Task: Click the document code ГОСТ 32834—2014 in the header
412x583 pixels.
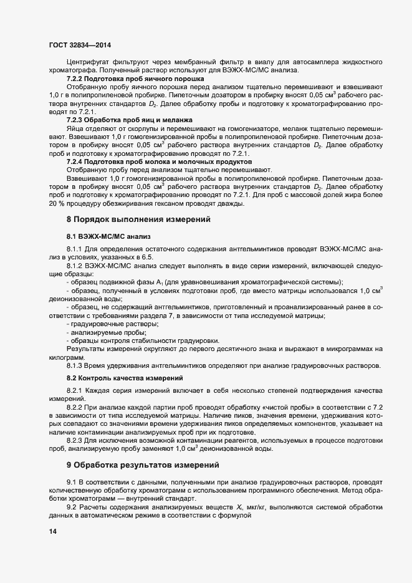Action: pos(80,45)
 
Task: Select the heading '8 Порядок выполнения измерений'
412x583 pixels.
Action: pos(138,219)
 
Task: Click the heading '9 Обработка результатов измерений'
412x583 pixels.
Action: pos(143,465)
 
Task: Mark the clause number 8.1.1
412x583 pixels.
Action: pos(75,249)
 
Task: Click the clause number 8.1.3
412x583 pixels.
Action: pos(75,365)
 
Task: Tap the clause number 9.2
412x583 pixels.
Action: pos(71,507)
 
